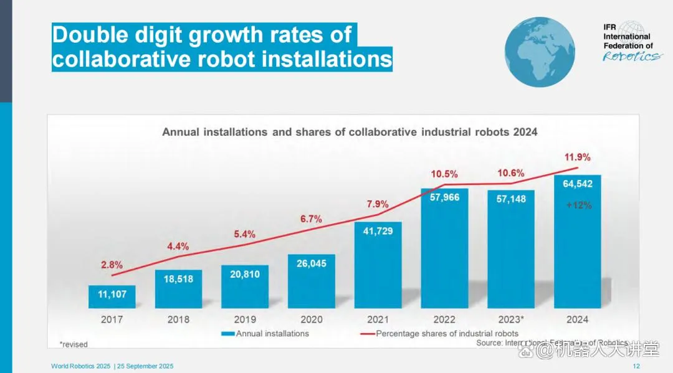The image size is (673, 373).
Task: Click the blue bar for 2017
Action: (112, 296)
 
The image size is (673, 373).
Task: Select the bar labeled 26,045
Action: (312, 281)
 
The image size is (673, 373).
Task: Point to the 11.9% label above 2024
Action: (578, 157)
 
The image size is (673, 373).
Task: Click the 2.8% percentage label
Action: (112, 265)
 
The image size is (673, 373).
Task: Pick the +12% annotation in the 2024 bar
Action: (578, 205)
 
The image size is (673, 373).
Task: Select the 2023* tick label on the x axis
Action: (511, 319)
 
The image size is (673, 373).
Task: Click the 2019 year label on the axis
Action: (245, 319)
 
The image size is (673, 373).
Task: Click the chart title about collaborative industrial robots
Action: (350, 132)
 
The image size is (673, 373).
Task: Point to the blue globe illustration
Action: (539, 52)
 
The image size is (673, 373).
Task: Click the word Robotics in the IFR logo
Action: (631, 57)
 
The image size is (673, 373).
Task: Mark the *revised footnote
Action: (74, 344)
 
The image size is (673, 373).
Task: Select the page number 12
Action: (636, 366)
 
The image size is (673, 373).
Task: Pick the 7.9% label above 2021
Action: (377, 204)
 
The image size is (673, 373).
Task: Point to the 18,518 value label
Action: (178, 279)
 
